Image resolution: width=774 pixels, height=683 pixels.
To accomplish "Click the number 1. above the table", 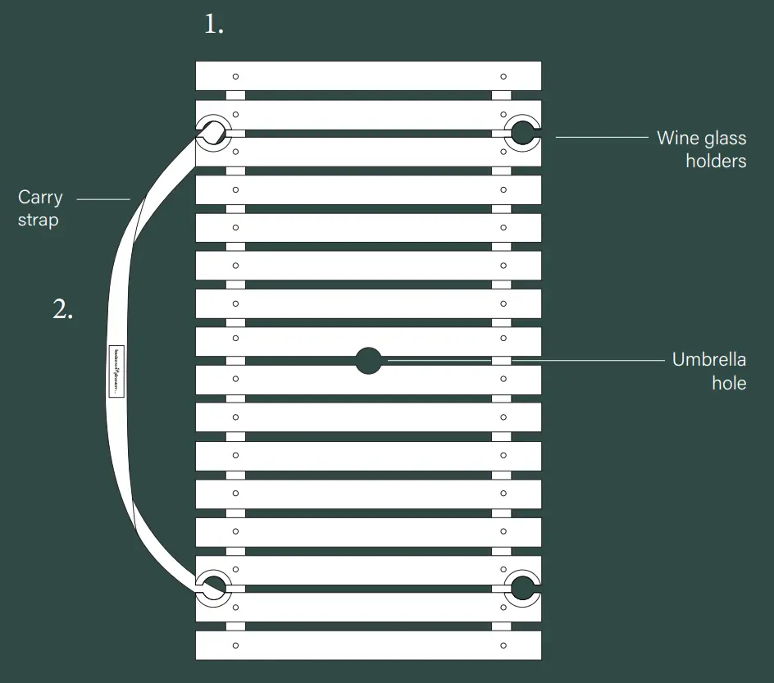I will click(x=213, y=25).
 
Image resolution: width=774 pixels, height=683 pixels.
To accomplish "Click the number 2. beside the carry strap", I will click(x=63, y=309).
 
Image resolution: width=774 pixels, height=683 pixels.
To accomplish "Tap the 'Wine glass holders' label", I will click(x=702, y=149).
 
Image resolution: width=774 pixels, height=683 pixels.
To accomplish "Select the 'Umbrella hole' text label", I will click(x=709, y=371).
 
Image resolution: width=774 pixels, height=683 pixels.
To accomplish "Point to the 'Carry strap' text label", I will click(x=40, y=208).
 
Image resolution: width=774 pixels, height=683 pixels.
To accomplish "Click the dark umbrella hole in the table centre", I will click(x=369, y=360).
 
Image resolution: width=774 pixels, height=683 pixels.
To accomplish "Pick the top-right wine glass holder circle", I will click(x=521, y=131).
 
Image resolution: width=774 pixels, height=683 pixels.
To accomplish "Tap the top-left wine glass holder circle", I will click(x=213, y=131).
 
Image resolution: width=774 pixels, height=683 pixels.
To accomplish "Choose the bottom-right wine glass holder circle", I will click(x=521, y=587).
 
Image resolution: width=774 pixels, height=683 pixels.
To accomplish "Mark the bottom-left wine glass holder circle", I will click(x=213, y=587).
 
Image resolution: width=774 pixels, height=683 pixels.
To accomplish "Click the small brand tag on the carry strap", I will click(x=116, y=371).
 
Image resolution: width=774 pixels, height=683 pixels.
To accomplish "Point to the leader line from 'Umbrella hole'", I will click(x=525, y=360).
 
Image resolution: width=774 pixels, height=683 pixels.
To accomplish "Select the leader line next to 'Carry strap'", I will click(x=103, y=198).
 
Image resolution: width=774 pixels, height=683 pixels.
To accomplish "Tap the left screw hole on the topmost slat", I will click(x=235, y=76).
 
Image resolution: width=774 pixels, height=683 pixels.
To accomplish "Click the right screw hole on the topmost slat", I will click(x=503, y=76).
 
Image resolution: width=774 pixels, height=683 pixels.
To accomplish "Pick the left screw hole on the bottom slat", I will click(x=235, y=645).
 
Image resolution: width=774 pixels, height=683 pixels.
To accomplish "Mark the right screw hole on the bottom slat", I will click(x=503, y=645).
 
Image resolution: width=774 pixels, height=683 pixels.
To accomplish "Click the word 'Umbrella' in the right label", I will click(x=709, y=359).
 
